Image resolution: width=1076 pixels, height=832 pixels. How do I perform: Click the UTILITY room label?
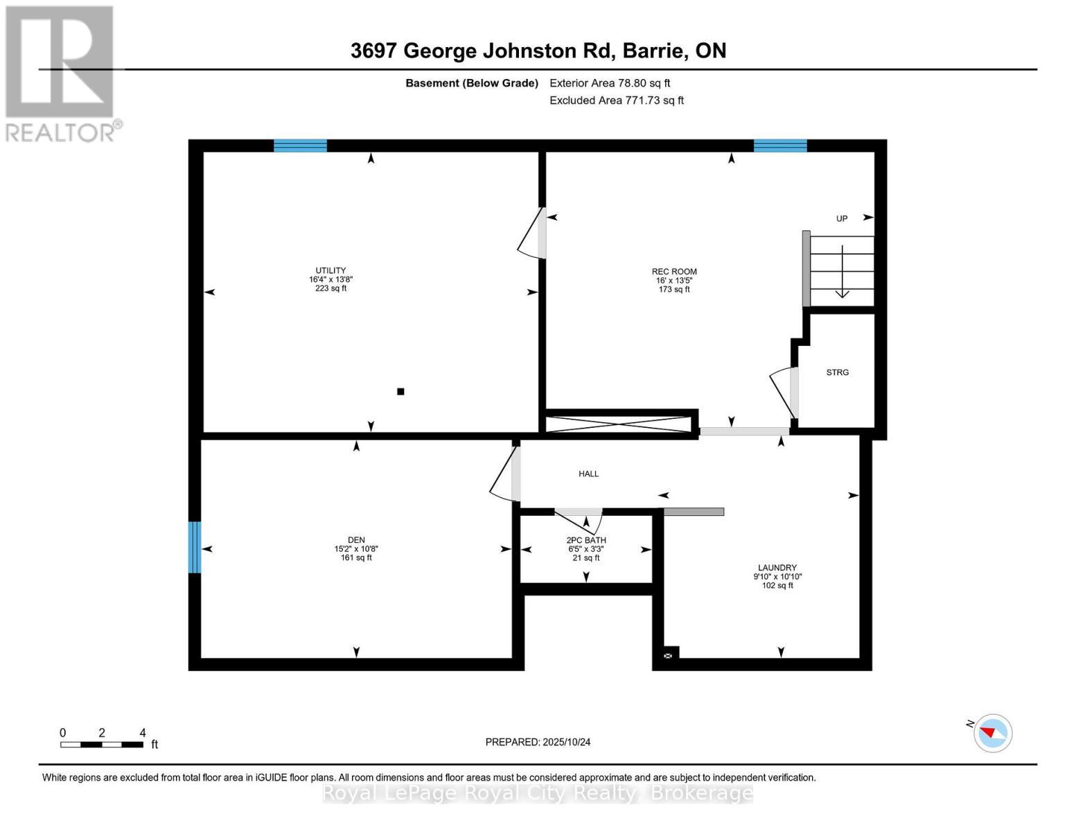330,270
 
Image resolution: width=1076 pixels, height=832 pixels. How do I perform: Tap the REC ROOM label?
674,271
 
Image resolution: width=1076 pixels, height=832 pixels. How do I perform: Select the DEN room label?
356,539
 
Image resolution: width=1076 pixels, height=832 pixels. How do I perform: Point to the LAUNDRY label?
777,567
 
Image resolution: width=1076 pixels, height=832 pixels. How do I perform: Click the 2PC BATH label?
586,539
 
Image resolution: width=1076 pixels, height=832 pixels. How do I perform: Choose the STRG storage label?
838,372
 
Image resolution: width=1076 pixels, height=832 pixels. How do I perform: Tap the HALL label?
588,474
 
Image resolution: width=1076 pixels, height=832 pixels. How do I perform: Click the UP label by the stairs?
842,218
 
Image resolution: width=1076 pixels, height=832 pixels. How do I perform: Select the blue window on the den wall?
195,547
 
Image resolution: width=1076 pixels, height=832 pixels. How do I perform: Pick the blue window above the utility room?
300,146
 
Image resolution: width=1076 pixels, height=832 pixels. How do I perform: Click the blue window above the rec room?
780,146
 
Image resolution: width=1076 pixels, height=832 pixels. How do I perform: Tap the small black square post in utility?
400,392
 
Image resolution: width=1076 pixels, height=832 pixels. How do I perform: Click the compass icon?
992,734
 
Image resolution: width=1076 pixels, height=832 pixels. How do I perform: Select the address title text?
538,51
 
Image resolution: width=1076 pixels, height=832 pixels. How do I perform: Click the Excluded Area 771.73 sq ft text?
617,100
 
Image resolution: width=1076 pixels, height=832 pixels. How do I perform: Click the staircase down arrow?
842,272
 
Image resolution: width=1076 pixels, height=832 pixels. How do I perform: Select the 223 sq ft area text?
330,288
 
